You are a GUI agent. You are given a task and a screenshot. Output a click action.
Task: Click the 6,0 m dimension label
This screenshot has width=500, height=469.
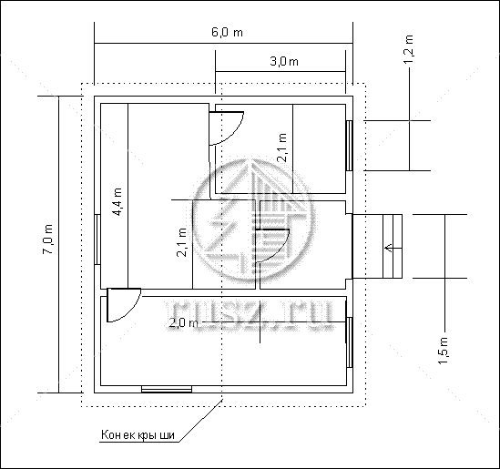[227, 32]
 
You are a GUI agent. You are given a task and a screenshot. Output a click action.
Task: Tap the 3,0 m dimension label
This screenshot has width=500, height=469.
[284, 61]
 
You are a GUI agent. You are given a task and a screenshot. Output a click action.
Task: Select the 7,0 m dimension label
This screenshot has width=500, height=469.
[48, 240]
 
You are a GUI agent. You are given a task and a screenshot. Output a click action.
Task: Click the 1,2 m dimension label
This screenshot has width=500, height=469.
[409, 49]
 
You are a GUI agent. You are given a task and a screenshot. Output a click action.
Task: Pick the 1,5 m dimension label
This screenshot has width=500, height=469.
[444, 351]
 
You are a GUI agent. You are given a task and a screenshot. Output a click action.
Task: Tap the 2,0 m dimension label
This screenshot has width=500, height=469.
[183, 323]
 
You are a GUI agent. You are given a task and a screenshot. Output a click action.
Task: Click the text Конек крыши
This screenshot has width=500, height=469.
[138, 434]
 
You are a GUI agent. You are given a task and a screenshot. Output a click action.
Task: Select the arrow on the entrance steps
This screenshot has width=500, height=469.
[389, 248]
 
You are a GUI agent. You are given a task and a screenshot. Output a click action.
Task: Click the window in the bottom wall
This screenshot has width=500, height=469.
[167, 389]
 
